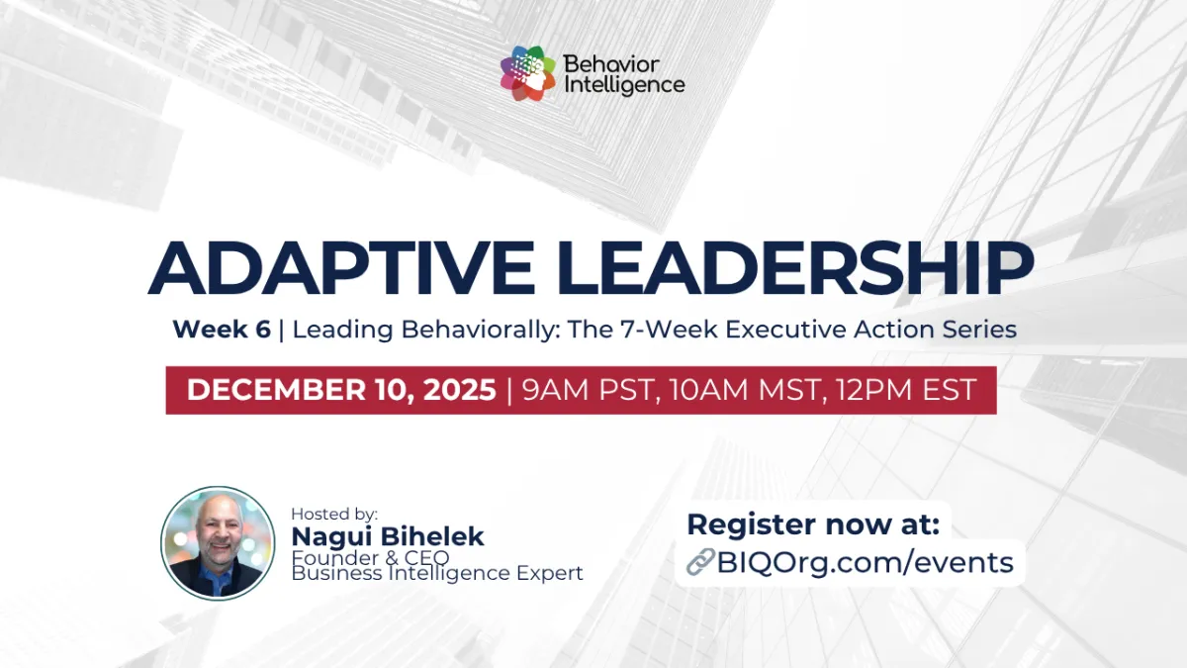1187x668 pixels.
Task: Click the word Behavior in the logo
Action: click(x=610, y=64)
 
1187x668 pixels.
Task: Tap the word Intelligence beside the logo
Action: click(x=623, y=85)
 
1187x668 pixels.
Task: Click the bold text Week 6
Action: click(x=222, y=330)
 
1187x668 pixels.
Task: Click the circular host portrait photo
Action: click(x=218, y=542)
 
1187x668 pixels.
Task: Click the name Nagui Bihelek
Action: click(x=387, y=536)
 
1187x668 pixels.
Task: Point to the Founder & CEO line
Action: click(x=370, y=557)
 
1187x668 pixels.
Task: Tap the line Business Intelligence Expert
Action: click(x=437, y=573)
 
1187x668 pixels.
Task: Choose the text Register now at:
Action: click(x=813, y=525)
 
